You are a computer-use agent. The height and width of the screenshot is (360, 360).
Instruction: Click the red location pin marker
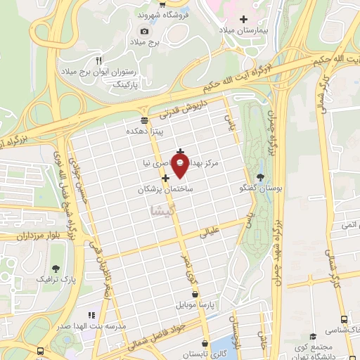(x=181, y=167)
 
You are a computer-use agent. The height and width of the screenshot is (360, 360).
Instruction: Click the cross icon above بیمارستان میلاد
(x=244, y=19)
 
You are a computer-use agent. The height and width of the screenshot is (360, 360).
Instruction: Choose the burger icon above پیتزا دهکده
(x=144, y=120)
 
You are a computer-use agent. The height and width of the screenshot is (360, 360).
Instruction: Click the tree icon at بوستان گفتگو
(x=261, y=178)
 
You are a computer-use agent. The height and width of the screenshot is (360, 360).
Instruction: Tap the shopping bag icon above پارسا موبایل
(x=195, y=295)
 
